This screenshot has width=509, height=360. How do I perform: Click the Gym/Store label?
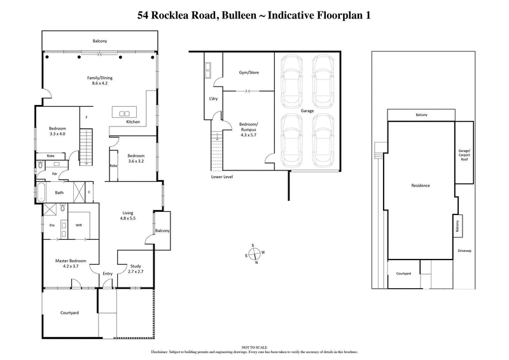pyautogui.click(x=248, y=73)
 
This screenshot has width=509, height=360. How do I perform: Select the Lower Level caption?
pyautogui.click(x=222, y=176)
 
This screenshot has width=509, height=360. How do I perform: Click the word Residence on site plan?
pyautogui.click(x=420, y=186)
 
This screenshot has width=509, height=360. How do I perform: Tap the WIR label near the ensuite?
pyautogui.click(x=80, y=225)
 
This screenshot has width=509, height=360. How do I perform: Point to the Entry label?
pyautogui.click(x=108, y=273)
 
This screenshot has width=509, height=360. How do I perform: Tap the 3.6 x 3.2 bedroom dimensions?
pyautogui.click(x=137, y=161)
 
